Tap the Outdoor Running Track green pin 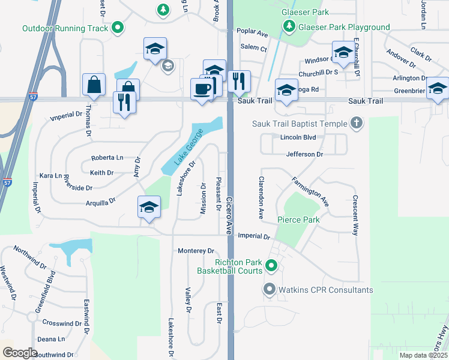[x=118, y=28]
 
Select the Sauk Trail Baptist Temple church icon [x=357, y=124]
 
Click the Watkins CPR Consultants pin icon [x=269, y=290]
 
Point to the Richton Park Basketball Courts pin [x=271, y=265]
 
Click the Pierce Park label [x=298, y=220]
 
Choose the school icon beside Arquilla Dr [x=148, y=207]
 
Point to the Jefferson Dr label [x=304, y=154]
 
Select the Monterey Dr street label [x=196, y=251]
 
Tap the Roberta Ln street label [x=107, y=158]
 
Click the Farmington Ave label [x=310, y=191]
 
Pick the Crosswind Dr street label [x=62, y=323]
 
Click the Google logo [x=20, y=352]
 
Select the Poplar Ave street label [x=252, y=32]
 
